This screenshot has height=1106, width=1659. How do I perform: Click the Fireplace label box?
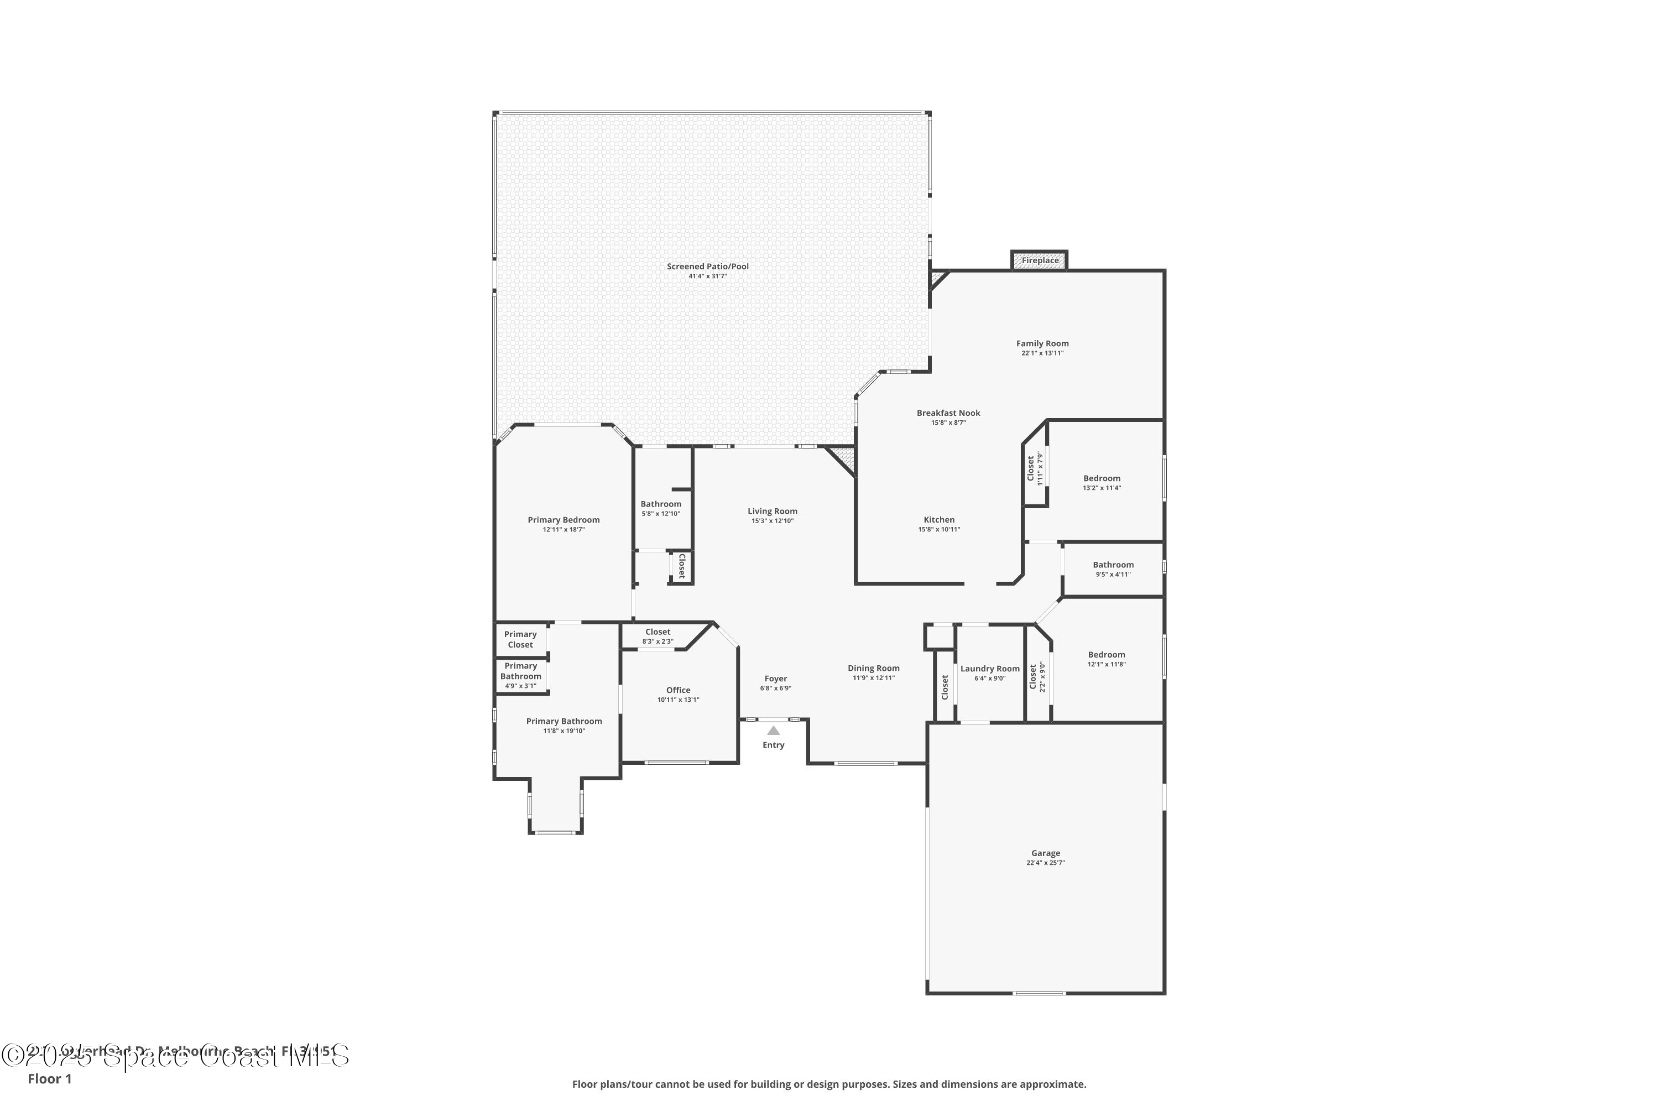pyautogui.click(x=1040, y=260)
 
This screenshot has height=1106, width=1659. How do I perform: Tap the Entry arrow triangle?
pyautogui.click(x=773, y=731)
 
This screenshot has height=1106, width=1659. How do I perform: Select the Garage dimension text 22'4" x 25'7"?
pyautogui.click(x=1045, y=863)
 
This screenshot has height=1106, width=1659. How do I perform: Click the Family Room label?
pyautogui.click(x=1042, y=343)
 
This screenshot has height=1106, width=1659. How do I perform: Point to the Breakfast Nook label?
pyautogui.click(x=948, y=413)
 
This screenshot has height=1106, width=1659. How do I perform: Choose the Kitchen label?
pyautogui.click(x=939, y=520)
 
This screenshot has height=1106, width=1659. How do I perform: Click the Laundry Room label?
pyautogui.click(x=990, y=669)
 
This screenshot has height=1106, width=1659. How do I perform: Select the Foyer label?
pyautogui.click(x=775, y=679)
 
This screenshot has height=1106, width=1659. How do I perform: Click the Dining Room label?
pyautogui.click(x=873, y=668)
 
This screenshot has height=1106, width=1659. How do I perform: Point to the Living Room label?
pyautogui.click(x=773, y=512)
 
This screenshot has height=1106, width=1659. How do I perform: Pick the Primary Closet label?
pyautogui.click(x=520, y=639)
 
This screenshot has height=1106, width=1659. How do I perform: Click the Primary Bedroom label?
pyautogui.click(x=564, y=520)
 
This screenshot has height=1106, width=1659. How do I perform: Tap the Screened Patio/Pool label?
pyautogui.click(x=707, y=267)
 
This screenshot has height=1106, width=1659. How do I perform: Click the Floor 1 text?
pyautogui.click(x=49, y=1078)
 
